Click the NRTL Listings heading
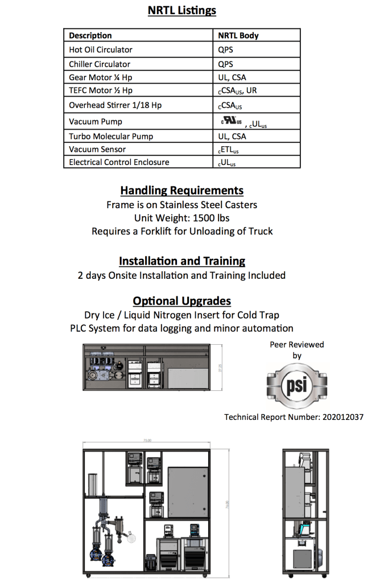coord(182,11)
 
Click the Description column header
coord(90,35)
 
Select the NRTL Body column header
coord(238,35)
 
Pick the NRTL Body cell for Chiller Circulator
coord(226,64)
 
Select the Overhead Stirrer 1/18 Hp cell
coord(115,105)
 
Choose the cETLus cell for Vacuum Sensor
coord(228,150)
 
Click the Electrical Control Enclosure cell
coord(119,162)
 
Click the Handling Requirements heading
coord(182,191)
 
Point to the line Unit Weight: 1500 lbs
coord(182,218)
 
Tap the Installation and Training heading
coord(182,261)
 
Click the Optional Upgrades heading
coord(182,301)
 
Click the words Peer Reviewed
coord(296,344)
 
